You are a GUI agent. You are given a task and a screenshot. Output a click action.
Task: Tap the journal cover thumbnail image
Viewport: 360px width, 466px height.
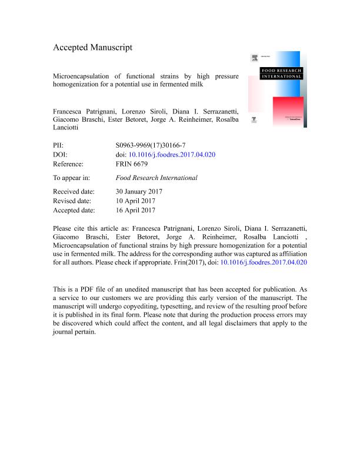[x=276, y=88]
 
